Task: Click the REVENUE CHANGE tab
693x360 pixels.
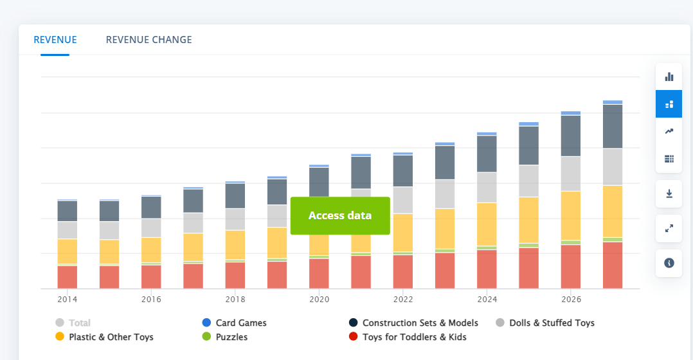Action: (148, 40)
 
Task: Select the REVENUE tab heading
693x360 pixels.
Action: (55, 40)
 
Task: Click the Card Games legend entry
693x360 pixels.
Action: (234, 323)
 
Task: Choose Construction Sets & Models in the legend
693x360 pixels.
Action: (413, 323)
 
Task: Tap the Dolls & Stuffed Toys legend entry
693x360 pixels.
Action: (545, 323)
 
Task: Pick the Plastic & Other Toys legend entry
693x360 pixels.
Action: (104, 337)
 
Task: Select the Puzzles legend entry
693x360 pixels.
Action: (224, 337)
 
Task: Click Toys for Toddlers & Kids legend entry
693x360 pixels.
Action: (408, 337)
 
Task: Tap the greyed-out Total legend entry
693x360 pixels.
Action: (73, 323)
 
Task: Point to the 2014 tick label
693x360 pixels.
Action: (67, 300)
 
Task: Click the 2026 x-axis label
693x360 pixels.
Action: (571, 300)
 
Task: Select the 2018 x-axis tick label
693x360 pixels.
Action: (235, 300)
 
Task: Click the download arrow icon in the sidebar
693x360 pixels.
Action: (669, 194)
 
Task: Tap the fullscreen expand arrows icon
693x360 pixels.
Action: (669, 228)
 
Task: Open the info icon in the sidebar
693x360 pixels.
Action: (669, 264)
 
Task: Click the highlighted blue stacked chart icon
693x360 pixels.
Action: (669, 104)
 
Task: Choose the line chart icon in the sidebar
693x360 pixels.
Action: (669, 131)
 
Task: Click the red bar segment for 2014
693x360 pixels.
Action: (67, 277)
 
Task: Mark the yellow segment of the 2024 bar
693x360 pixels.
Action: (487, 224)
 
